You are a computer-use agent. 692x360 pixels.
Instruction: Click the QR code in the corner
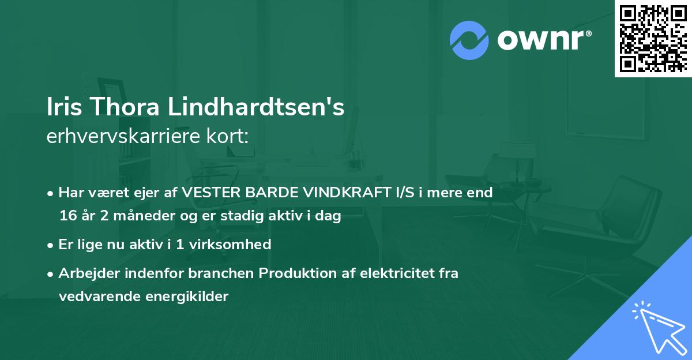[x=652, y=39]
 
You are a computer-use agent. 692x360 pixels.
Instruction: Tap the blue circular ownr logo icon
[x=469, y=40]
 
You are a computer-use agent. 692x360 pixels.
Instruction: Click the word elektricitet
[x=396, y=273]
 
